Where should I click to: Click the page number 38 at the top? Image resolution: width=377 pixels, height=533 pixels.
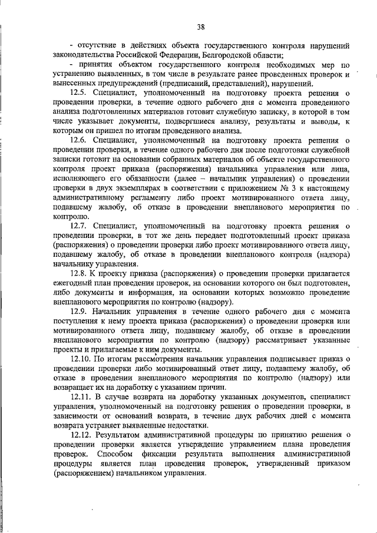coord(200,26)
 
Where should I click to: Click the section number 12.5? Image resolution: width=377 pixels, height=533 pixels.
coord(80,93)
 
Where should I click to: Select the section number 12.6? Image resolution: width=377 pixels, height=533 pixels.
coord(80,141)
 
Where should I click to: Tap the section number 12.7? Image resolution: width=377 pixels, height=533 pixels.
coord(80,226)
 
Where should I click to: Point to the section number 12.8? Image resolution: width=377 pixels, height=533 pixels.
coord(80,273)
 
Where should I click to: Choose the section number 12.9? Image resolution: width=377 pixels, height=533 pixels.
coord(80,310)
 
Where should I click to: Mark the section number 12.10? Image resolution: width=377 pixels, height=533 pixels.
coord(81,358)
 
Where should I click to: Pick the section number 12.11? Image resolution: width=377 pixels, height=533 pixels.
coord(81,396)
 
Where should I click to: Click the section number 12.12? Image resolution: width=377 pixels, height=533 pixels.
coord(81,434)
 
